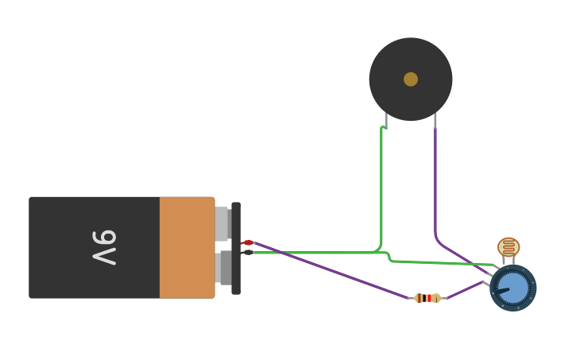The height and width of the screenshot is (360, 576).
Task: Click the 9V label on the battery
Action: (104, 247)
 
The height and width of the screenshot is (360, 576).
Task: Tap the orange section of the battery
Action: (187, 247)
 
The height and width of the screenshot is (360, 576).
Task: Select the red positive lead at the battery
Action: (247, 242)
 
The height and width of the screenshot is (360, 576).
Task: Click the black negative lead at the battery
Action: (247, 253)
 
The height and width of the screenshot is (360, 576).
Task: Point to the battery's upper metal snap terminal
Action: (222, 223)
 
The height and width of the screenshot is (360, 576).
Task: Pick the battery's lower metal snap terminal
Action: (224, 268)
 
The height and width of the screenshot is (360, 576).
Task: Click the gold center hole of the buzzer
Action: (411, 79)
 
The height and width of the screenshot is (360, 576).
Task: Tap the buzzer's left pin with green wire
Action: (386, 120)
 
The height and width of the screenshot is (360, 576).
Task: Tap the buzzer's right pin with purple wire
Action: (435, 120)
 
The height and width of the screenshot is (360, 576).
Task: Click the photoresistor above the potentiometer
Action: (508, 247)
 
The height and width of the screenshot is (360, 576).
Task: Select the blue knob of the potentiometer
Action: (513, 288)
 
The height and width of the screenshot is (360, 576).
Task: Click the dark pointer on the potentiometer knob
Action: (502, 292)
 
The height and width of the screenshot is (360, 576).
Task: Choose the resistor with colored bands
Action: (427, 298)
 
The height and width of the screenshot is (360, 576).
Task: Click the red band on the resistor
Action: (429, 298)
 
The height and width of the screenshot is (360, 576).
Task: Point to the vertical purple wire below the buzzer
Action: (435, 183)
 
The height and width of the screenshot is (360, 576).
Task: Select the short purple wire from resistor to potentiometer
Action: (466, 290)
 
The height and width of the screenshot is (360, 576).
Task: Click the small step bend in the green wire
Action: (389, 256)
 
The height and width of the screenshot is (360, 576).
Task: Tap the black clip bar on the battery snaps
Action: (236, 248)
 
